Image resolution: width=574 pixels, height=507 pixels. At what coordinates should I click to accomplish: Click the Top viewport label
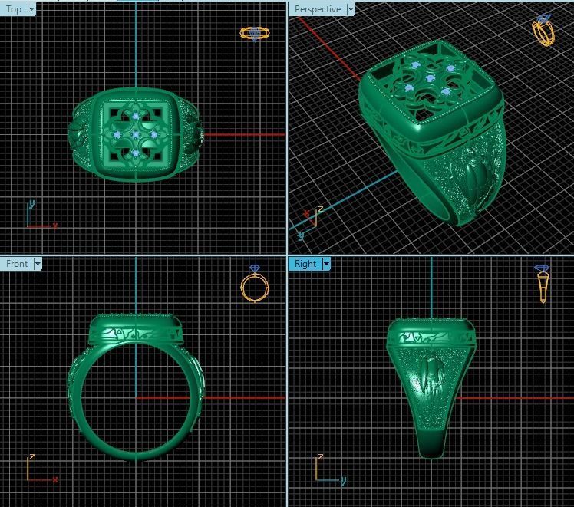tap(14, 9)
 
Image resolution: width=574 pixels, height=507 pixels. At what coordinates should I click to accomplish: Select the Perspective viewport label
tap(317, 9)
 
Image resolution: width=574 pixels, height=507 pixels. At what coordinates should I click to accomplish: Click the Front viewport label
tap(17, 263)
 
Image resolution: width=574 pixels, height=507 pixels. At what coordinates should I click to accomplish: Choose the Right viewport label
tap(305, 263)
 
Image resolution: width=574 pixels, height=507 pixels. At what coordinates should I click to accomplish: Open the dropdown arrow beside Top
tap(31, 9)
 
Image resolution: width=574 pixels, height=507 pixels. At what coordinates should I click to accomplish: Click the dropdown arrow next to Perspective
tap(351, 9)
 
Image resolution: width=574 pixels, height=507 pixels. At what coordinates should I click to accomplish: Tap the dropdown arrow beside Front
tap(37, 263)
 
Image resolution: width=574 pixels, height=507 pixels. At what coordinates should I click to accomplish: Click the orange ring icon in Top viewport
tap(254, 33)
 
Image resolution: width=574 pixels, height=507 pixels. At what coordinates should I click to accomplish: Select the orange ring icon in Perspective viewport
tap(543, 31)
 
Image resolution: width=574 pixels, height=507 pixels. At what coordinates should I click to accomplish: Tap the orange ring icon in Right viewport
tap(543, 285)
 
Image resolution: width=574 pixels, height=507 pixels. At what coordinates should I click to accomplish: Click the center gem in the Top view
tap(136, 135)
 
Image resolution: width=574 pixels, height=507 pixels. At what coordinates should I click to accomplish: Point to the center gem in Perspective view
tap(430, 79)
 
